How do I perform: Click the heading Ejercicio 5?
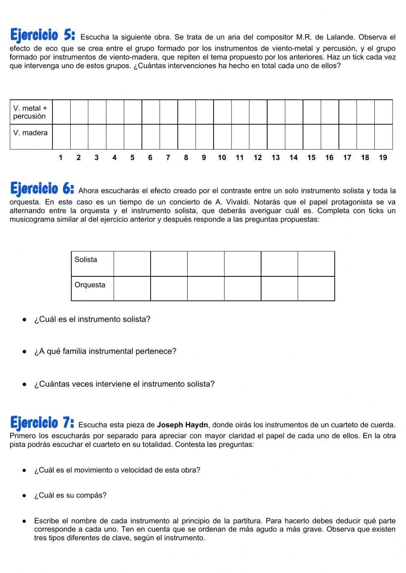point(42,35)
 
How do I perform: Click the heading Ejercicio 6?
point(42,188)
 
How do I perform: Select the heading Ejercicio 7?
point(42,423)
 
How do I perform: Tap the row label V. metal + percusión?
point(30,112)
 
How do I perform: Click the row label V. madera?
point(30,133)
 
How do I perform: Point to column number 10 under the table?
point(222,158)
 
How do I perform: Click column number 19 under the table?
point(383,158)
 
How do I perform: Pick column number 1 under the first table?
point(60,158)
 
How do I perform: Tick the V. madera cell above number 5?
point(133,137)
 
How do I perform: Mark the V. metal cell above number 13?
point(276,112)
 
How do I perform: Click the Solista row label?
point(86,260)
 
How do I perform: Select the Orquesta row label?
point(90,285)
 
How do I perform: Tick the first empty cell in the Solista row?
point(132,264)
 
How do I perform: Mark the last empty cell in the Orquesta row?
point(316,289)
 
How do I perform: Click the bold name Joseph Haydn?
point(182,425)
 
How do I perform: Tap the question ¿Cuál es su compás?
point(70,495)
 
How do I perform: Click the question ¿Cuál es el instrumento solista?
point(92,319)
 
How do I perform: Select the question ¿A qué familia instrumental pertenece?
point(105,351)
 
